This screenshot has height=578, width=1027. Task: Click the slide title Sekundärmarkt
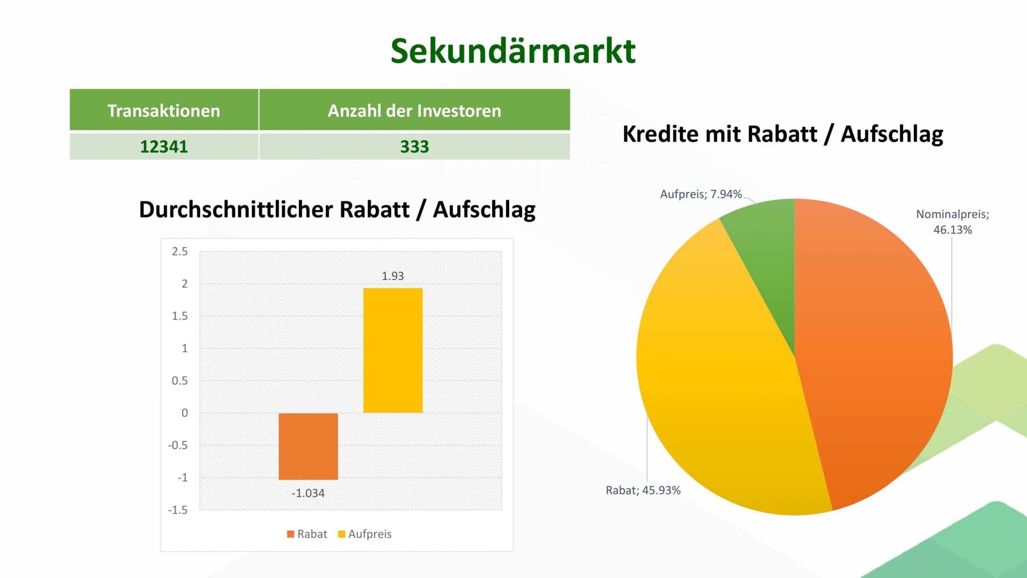click(513, 51)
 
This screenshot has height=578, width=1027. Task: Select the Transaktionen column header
click(164, 110)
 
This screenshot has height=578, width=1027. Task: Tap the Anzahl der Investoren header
click(414, 110)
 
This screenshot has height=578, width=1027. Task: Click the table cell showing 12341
click(164, 146)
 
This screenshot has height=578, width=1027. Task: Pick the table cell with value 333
click(414, 146)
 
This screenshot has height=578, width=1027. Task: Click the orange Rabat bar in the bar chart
click(309, 446)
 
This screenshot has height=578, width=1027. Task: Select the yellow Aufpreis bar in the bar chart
click(393, 350)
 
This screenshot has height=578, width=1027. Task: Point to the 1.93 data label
click(393, 276)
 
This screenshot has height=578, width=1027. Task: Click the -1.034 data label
click(308, 493)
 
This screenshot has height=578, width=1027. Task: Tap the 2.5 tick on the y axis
click(180, 251)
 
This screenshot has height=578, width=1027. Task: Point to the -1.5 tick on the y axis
click(178, 510)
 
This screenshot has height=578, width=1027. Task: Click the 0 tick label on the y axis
click(185, 413)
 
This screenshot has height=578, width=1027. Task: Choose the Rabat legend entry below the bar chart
click(307, 534)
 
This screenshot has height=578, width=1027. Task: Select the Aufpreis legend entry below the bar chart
click(365, 534)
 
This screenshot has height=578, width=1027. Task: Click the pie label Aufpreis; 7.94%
click(701, 194)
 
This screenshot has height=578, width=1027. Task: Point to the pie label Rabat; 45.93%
click(643, 490)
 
